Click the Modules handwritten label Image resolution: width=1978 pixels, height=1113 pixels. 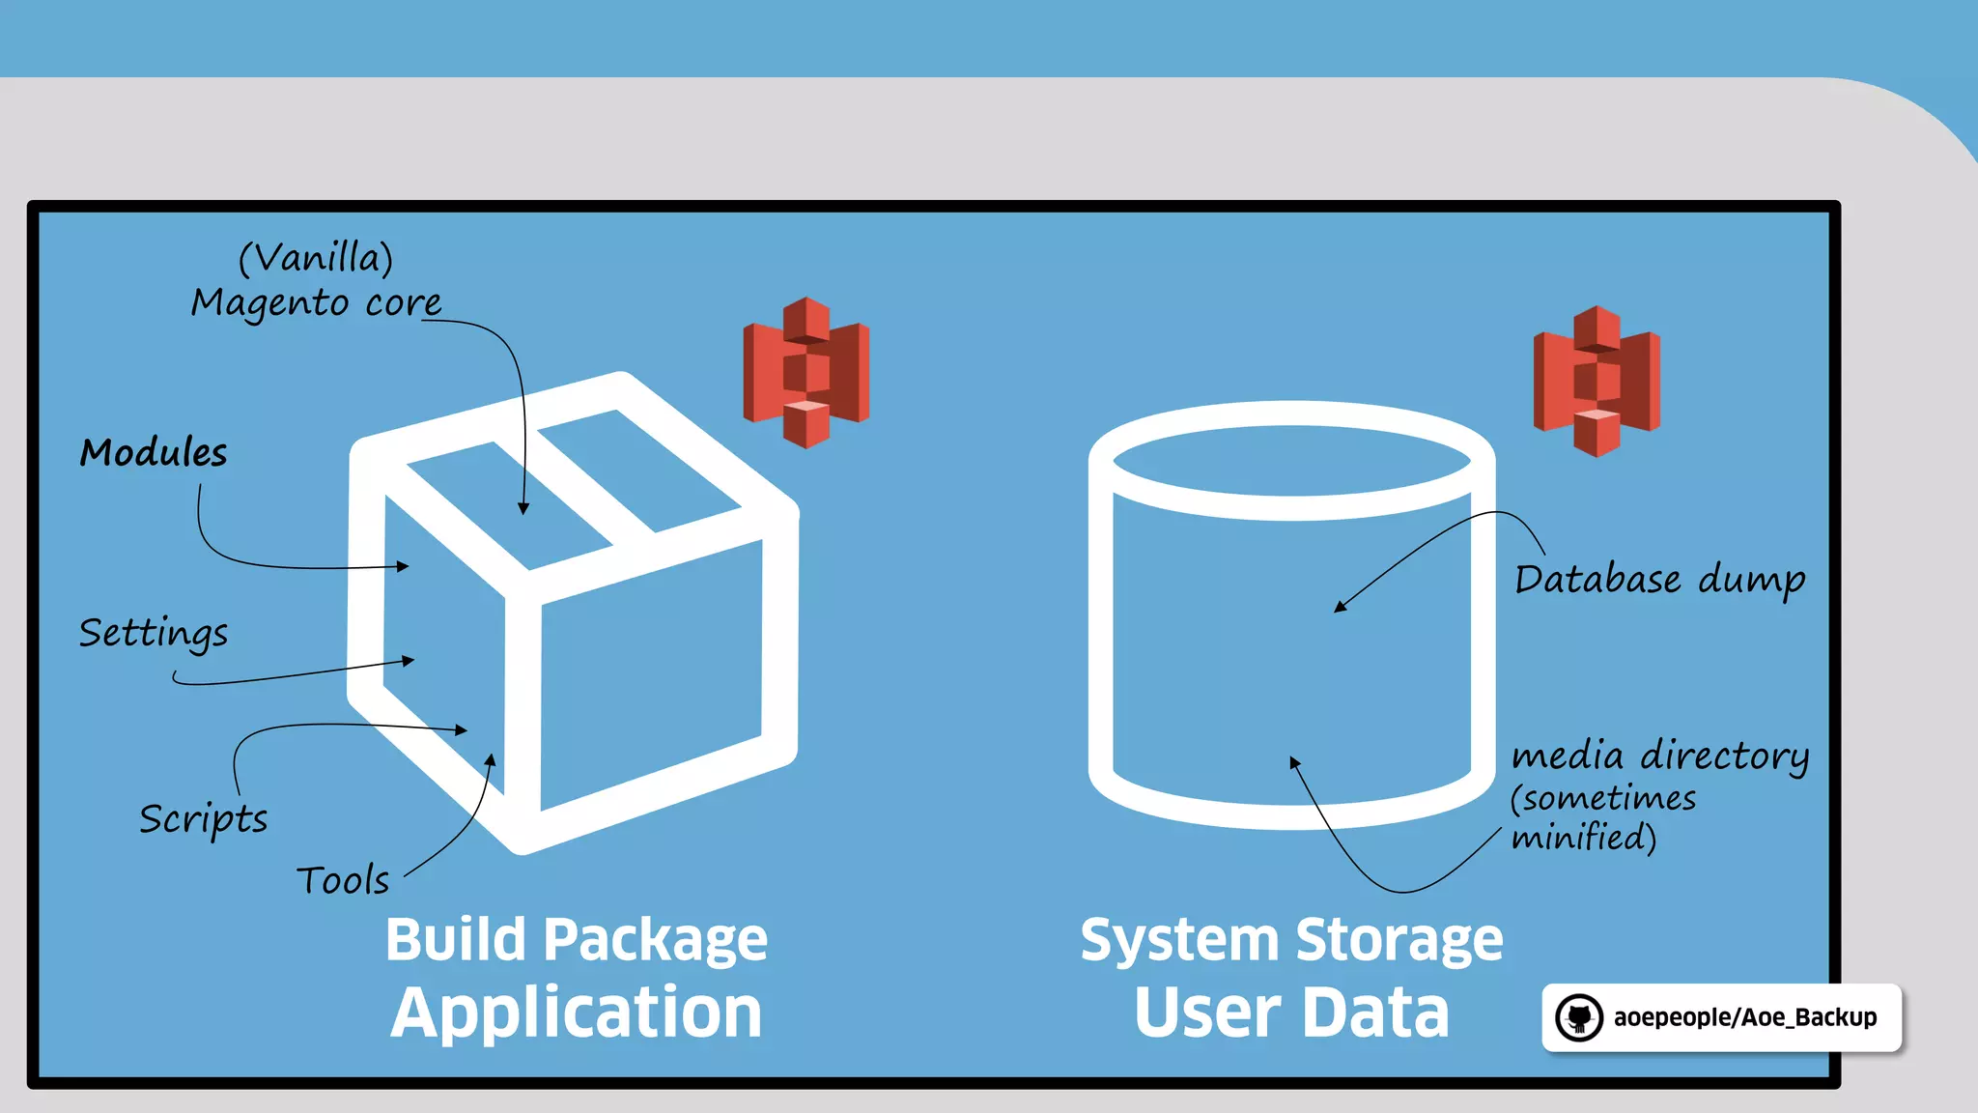point(154,453)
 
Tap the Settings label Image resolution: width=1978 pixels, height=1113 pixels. point(154,634)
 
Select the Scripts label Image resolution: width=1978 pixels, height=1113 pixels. point(203,820)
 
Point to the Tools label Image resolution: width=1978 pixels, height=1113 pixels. point(343,880)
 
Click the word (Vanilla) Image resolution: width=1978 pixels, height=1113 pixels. point(316,258)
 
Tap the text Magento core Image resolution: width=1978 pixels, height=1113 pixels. point(316,303)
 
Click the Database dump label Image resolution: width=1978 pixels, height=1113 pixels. point(1659,580)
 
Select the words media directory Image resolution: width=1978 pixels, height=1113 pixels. point(1659,756)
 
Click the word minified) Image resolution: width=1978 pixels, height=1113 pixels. point(1584,837)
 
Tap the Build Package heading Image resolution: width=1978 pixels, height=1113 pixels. point(577,940)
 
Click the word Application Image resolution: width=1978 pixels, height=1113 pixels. point(577,1013)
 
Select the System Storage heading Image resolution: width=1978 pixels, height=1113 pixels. point(1291,940)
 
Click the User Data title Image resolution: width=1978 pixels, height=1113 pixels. point(1291,1013)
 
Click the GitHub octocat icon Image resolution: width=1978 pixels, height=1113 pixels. point(1579,1017)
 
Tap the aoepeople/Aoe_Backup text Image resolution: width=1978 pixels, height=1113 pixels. point(1744,1017)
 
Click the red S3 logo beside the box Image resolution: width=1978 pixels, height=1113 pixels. point(806,373)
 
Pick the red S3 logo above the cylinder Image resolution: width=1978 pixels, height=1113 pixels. point(1597,382)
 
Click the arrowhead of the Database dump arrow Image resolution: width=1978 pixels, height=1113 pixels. point(1340,607)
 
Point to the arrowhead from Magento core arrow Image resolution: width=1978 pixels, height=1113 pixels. point(523,508)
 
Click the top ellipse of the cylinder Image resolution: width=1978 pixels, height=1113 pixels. point(1291,461)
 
